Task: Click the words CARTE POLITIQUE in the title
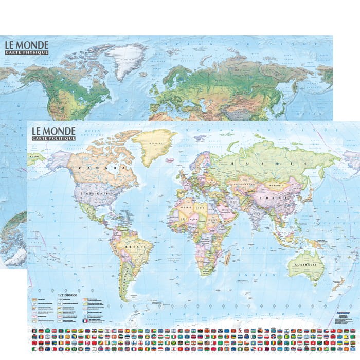(x=54, y=138)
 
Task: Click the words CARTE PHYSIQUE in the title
(x=27, y=52)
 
